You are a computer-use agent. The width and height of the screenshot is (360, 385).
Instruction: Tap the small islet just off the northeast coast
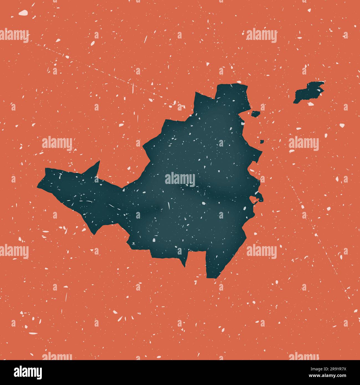point(255,113)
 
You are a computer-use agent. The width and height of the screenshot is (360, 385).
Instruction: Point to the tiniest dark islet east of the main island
point(262,142)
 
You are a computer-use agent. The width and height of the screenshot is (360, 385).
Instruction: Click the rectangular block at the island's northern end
point(233,96)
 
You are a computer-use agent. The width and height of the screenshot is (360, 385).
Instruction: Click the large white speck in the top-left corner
point(23,12)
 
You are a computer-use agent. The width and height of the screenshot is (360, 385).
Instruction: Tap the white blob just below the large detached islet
point(311,104)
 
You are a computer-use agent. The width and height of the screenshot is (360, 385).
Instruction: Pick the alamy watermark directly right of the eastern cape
point(304,144)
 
